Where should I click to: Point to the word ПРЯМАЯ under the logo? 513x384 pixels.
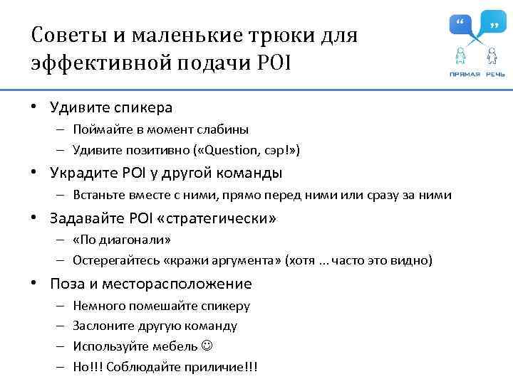[465, 74]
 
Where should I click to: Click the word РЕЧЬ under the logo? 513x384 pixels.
[496, 74]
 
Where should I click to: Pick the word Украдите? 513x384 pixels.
[79, 173]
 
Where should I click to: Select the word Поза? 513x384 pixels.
[65, 284]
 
